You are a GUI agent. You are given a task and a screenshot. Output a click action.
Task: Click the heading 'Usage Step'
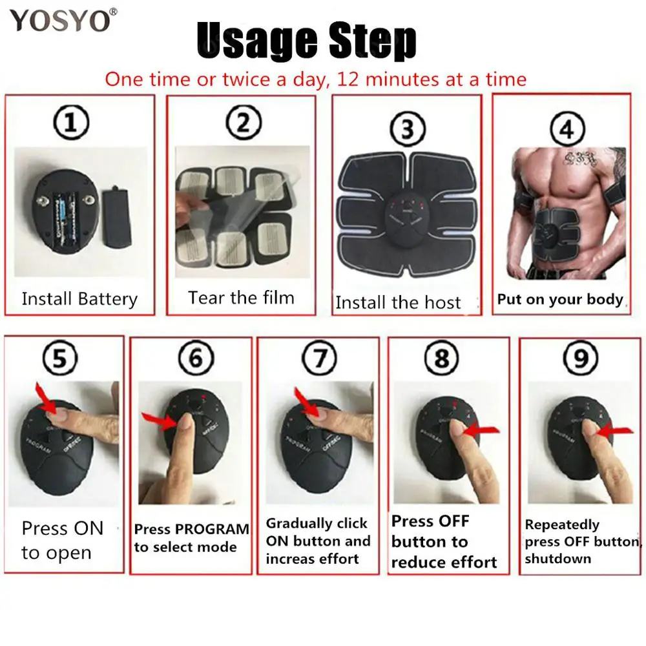[306, 40]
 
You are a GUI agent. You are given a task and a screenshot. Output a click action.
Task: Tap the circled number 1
[71, 122]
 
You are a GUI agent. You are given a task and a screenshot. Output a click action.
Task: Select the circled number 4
[567, 129]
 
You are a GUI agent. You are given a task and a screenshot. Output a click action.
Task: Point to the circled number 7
[319, 357]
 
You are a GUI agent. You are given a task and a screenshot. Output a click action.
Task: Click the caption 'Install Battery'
[79, 299]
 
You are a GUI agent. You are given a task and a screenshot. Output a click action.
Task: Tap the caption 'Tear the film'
[242, 297]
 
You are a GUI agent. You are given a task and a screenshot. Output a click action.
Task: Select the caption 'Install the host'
[398, 302]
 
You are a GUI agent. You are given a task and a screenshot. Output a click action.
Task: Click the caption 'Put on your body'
[560, 300]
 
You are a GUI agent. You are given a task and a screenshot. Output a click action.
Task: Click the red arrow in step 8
[481, 431]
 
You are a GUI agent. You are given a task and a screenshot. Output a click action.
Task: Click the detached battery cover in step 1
[116, 216]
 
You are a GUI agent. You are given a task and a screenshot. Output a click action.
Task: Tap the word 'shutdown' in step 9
[558, 559]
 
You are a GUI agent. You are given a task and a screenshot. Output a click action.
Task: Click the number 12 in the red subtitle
[348, 79]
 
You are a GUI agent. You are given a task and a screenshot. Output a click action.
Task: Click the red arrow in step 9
[615, 431]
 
